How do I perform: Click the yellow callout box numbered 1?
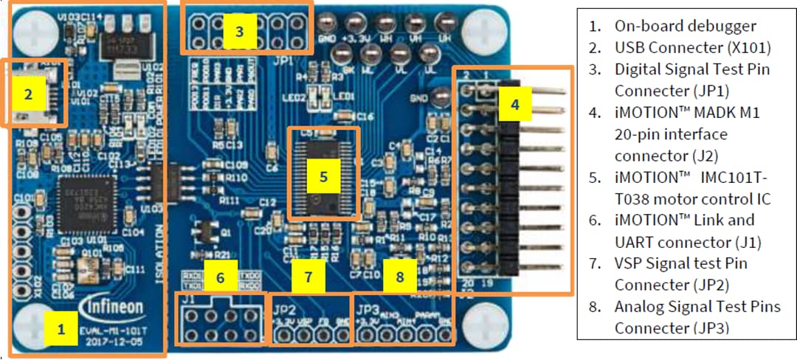coord(61,330)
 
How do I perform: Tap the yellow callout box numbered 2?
coord(29,94)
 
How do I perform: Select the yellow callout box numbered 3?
coord(238,31)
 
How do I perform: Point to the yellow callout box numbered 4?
coord(514,105)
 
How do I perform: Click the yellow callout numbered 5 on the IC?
coord(322,177)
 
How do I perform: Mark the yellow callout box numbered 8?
coord(399,277)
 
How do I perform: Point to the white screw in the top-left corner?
coord(32,30)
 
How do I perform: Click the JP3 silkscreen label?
coord(368,303)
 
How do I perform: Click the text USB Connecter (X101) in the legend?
coord(692,48)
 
